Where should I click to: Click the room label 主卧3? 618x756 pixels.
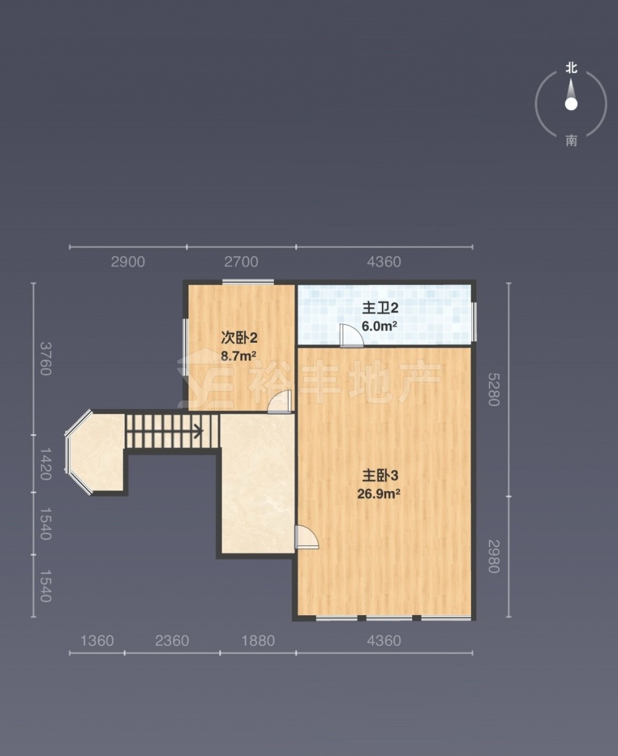point(380,476)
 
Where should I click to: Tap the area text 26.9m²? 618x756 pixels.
point(379,494)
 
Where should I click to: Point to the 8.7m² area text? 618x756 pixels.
point(238,356)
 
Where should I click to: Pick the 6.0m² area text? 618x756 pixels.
point(379,326)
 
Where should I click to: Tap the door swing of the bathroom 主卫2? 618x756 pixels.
point(352,335)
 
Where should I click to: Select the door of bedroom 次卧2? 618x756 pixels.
point(280,402)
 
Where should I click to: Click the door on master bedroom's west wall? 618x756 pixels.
point(307,537)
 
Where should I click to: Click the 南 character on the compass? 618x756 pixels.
point(572,141)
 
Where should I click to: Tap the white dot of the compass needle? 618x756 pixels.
point(571,104)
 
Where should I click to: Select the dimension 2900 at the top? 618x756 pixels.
point(128,262)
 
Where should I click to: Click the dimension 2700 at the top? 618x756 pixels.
point(241,262)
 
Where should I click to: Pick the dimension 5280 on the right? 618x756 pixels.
point(494,389)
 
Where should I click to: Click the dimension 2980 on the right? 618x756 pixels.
point(494,556)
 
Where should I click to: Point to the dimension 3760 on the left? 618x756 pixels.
point(46,359)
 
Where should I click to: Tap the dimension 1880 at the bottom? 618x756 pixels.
point(258,640)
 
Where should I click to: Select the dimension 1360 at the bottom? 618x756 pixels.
point(97,640)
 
